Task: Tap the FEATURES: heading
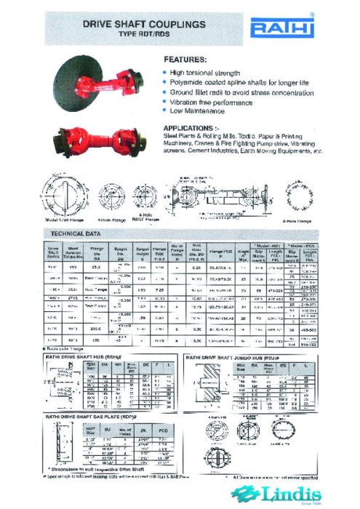pos(185,59)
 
